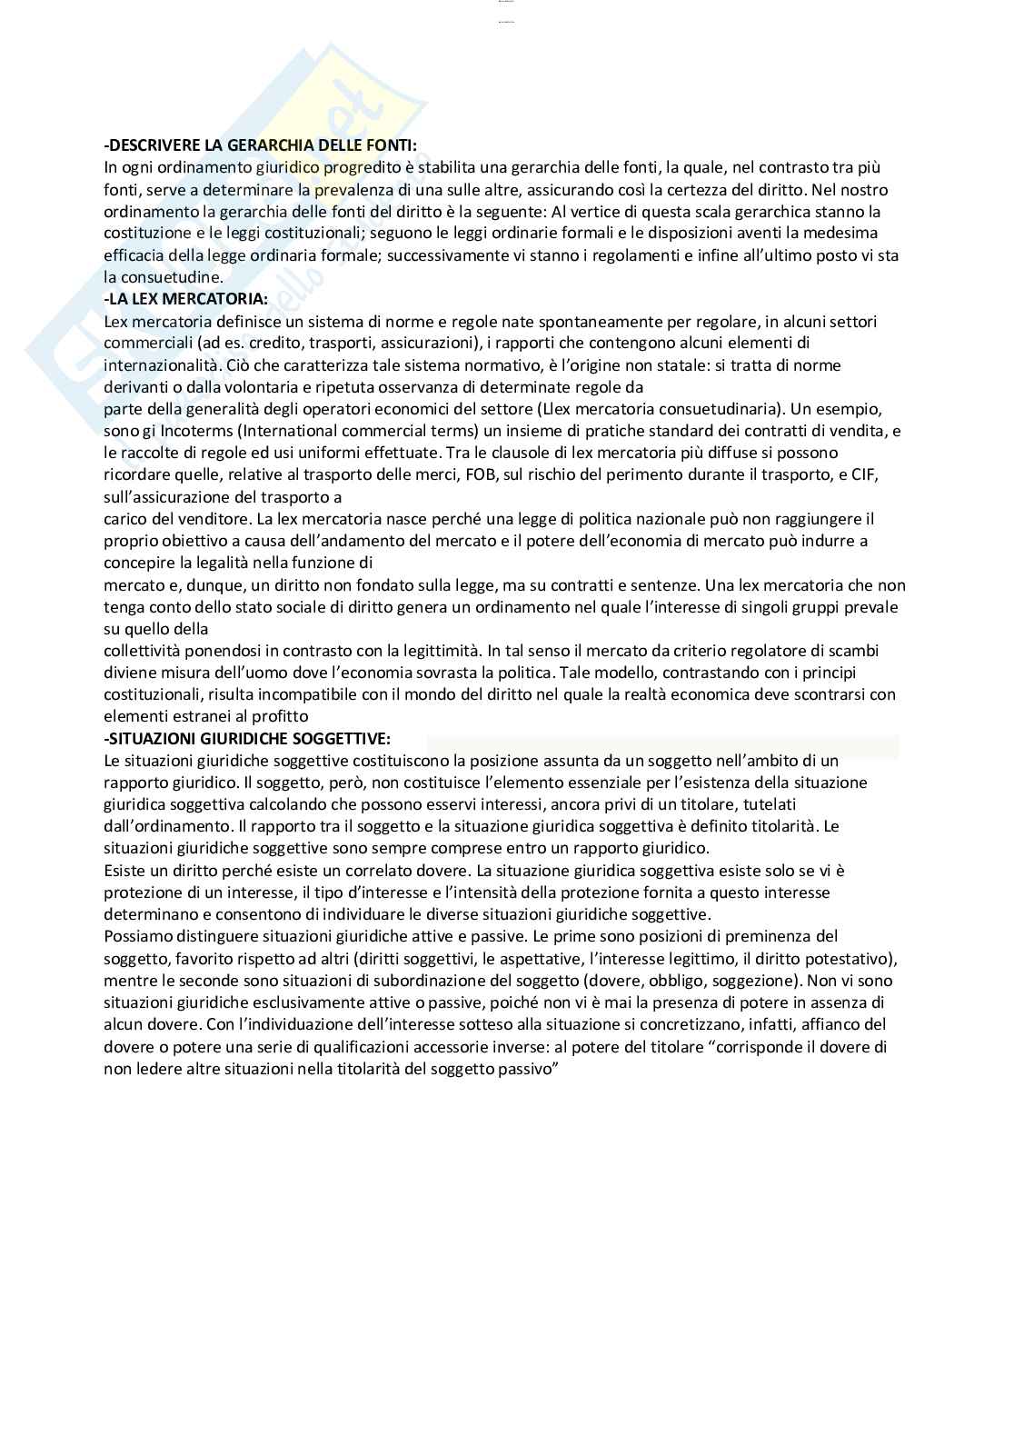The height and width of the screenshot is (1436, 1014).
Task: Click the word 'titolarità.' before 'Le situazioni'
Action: pos(783,826)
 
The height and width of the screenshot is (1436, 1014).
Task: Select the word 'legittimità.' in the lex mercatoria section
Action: pos(436,651)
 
